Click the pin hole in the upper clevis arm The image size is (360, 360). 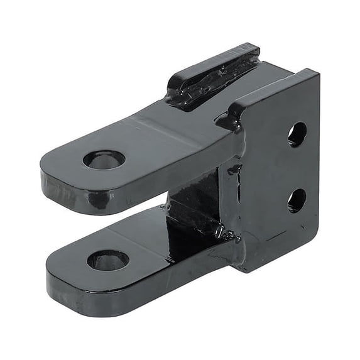104,160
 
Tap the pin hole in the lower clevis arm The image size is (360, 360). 108,259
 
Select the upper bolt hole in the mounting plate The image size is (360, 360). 297,134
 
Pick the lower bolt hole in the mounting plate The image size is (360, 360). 297,200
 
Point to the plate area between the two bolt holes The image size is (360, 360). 297,168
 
